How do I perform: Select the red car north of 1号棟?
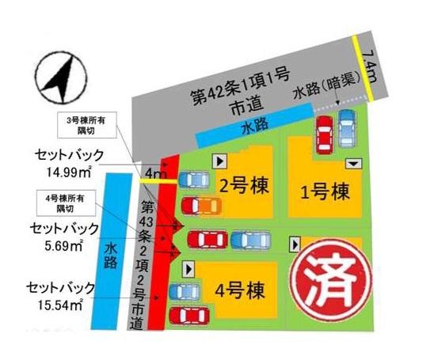(x=324, y=134)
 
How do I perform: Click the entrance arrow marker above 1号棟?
(x=353, y=164)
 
